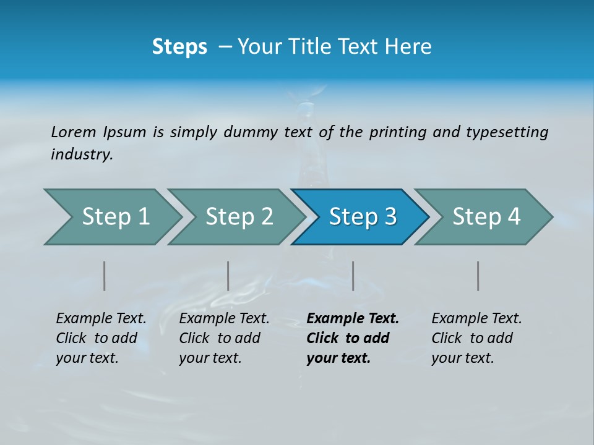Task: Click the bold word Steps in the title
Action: (179, 47)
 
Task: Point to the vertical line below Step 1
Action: (105, 276)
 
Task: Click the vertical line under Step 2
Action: (228, 276)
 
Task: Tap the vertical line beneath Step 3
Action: (353, 276)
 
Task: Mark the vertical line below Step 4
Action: (478, 276)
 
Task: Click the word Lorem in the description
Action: (74, 132)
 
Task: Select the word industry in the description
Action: (81, 155)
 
